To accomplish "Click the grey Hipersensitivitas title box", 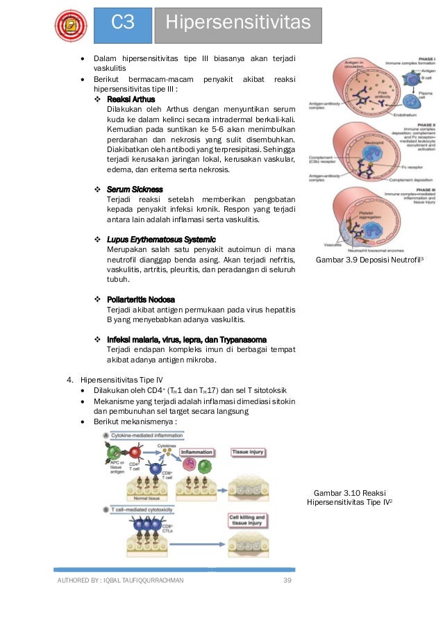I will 238,24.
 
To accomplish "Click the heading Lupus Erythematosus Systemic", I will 162,240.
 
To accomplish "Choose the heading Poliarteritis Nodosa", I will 141,299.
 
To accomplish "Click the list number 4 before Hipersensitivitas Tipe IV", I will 69,379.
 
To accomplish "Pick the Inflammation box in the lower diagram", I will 197,452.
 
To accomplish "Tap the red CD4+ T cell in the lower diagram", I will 137,452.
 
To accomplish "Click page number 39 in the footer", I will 287,580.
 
